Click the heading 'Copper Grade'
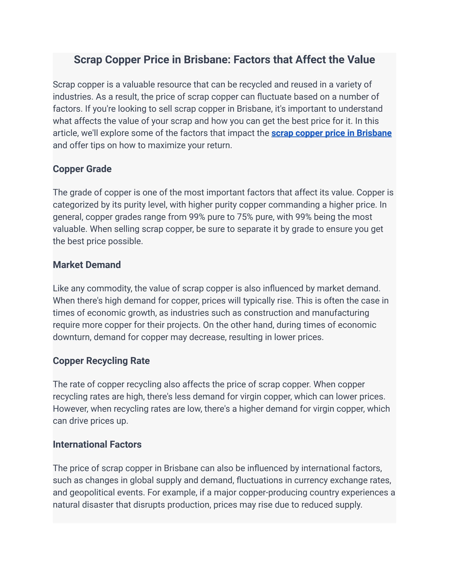pyautogui.click(x=82, y=169)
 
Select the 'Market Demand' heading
pyautogui.click(x=87, y=265)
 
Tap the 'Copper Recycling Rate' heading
pyautogui.click(x=101, y=361)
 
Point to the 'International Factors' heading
pyautogui.click(x=97, y=444)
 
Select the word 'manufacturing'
pyautogui.click(x=340, y=313)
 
